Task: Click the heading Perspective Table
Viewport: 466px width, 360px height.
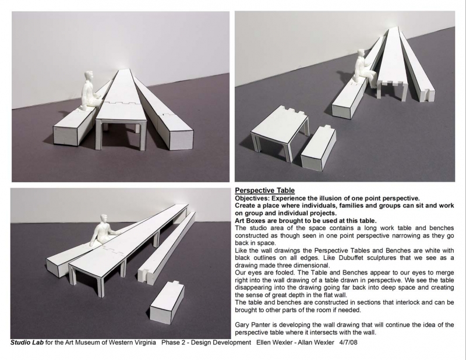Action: (264, 190)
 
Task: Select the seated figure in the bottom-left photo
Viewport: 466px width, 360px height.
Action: (104, 230)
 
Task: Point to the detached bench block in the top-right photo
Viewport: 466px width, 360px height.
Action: (318, 149)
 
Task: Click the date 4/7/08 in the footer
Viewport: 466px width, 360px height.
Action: (348, 343)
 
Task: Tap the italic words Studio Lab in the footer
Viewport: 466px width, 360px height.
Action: (27, 343)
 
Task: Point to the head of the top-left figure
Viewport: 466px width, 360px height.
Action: (89, 76)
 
